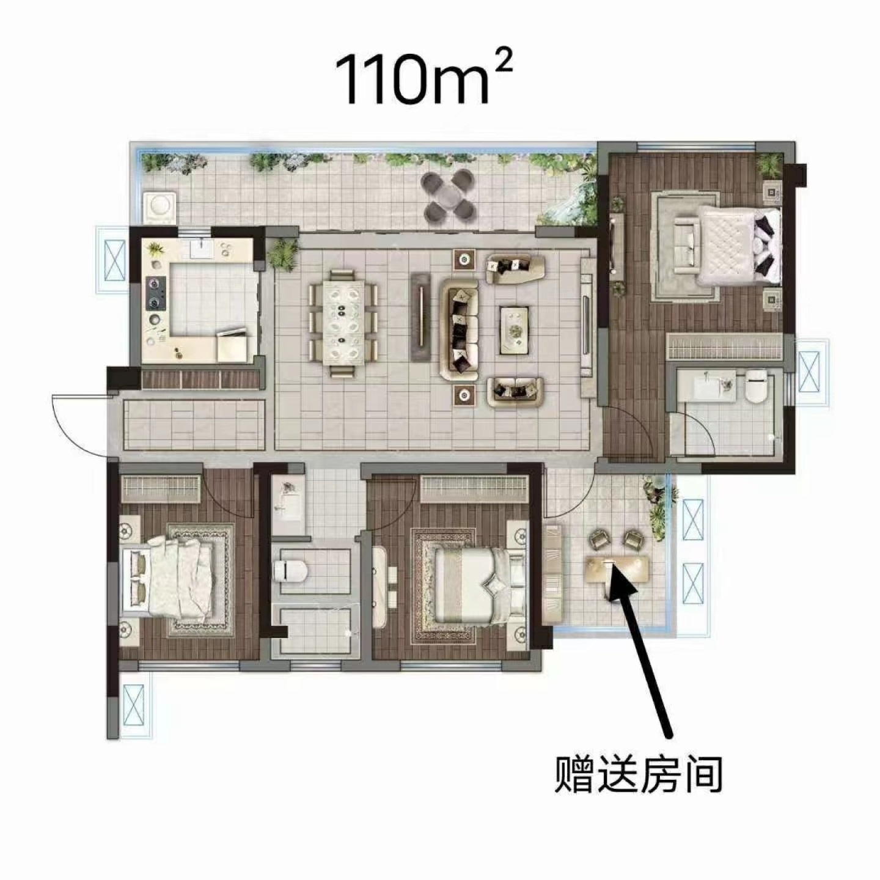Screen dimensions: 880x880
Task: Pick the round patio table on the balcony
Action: [449, 194]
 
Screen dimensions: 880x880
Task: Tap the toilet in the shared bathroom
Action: [290, 570]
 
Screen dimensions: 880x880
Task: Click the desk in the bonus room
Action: [618, 570]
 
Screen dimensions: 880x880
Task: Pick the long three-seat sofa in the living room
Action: [460, 330]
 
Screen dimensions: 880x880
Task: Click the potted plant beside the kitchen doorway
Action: [284, 254]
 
